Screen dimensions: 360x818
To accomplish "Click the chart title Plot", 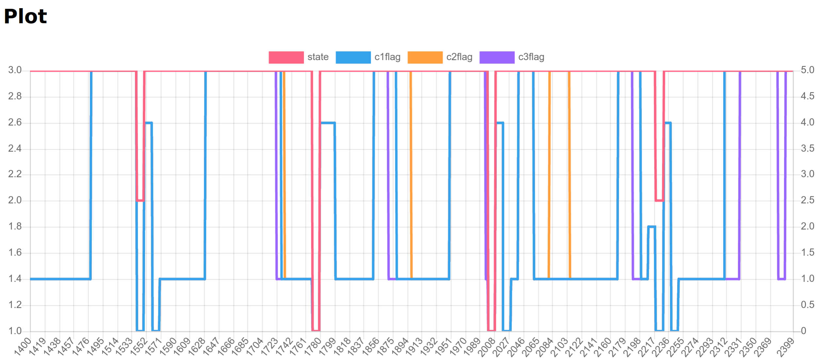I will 25,16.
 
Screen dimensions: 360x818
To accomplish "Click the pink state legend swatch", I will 286,57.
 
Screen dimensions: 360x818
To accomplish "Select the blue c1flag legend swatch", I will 353,57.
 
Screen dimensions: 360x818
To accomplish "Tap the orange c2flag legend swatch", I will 425,57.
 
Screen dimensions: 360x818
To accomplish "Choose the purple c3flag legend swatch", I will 497,57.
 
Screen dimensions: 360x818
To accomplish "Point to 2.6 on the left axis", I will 15,123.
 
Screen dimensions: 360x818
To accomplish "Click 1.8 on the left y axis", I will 15,226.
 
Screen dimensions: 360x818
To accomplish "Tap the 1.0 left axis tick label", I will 15,331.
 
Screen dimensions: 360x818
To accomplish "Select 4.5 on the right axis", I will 807,96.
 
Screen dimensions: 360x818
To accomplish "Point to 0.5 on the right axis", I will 807,305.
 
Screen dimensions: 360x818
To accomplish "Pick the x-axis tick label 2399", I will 786,347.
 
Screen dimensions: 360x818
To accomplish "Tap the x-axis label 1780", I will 313,347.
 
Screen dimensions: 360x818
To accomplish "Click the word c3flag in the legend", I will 531,57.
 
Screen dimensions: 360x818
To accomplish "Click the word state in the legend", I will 318,57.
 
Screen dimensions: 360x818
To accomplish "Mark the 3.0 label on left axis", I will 15,70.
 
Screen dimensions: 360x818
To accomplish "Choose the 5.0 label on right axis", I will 807,70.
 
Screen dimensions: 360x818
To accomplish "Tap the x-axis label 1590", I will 168,347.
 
